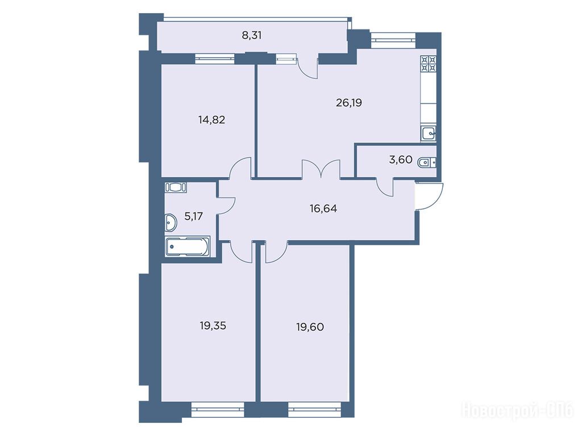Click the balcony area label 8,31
(x=252, y=36)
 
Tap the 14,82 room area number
(x=211, y=120)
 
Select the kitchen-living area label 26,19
(x=348, y=103)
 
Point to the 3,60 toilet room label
(x=401, y=160)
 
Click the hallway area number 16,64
(x=323, y=209)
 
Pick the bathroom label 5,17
(x=193, y=216)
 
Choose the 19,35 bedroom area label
(x=213, y=326)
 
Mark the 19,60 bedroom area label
(x=310, y=327)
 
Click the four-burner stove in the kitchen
(x=429, y=64)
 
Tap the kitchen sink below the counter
(x=429, y=133)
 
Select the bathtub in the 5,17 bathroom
(x=188, y=246)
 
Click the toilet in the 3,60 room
(x=426, y=162)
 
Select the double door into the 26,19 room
(x=322, y=170)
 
